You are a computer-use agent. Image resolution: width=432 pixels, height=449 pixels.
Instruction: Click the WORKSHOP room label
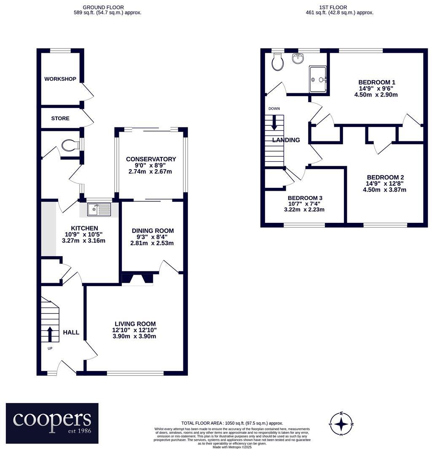tap(60, 79)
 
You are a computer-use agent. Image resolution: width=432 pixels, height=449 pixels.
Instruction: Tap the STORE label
tap(60, 119)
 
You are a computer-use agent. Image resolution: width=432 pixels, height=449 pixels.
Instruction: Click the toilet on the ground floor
tap(70, 146)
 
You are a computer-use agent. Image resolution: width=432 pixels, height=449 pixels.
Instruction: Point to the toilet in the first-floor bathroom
tap(277, 63)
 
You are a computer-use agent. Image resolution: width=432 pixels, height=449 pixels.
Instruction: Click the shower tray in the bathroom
tap(318, 79)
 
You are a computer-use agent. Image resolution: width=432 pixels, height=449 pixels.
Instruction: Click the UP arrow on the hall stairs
tap(50, 334)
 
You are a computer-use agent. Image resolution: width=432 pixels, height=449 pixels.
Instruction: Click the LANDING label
tap(286, 140)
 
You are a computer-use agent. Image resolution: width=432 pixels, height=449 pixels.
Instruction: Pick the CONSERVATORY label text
tap(151, 159)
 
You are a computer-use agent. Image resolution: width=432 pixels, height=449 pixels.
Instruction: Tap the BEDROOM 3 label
tap(305, 198)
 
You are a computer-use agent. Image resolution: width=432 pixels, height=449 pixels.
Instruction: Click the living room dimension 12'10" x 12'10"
tap(134, 330)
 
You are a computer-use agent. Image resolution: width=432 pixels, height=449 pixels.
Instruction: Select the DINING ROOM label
tap(153, 231)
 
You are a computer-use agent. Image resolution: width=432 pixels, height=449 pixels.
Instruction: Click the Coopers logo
tap(52, 423)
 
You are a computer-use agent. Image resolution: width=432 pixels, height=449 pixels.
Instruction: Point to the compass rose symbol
tap(341, 424)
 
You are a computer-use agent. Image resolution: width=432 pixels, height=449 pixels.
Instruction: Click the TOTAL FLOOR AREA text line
tap(232, 423)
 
